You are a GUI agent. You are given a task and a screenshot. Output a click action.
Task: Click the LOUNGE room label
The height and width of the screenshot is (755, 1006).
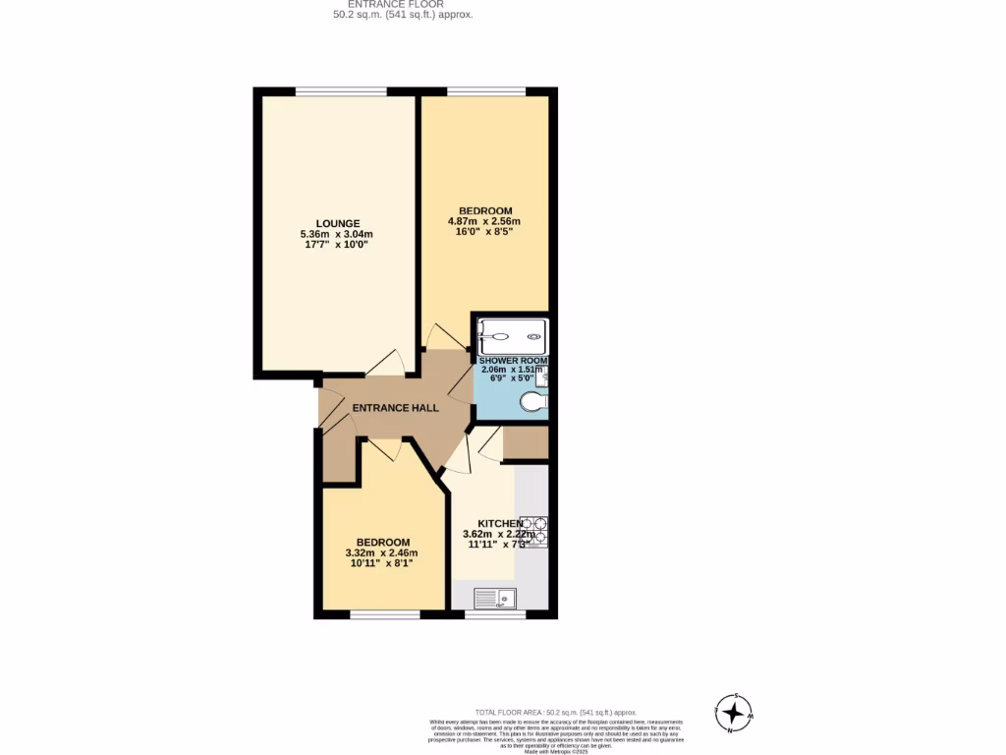click(x=337, y=223)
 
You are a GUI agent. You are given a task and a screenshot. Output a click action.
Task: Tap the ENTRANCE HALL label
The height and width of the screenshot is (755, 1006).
click(x=396, y=408)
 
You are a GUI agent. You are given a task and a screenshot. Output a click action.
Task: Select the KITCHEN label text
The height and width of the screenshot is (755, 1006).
click(x=500, y=523)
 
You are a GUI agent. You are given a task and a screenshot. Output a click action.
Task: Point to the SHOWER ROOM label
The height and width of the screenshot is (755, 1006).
click(x=512, y=361)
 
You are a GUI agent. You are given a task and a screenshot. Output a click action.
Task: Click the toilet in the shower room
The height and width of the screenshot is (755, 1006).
click(x=534, y=401)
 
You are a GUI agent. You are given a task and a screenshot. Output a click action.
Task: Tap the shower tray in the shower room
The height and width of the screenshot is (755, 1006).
click(x=512, y=336)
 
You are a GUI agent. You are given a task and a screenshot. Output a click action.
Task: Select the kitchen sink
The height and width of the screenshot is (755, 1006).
click(x=494, y=598)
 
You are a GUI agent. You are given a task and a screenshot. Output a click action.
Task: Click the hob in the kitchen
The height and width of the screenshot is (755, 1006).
click(x=533, y=531)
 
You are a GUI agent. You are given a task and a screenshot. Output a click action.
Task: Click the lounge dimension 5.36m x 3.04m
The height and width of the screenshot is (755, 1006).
click(x=337, y=234)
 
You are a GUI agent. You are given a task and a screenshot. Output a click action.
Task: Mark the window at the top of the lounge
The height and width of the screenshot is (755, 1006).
click(x=341, y=92)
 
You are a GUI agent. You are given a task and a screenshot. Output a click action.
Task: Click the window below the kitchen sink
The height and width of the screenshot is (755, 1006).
click(x=494, y=615)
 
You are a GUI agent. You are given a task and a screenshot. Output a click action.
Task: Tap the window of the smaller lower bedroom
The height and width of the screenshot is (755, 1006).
click(x=384, y=615)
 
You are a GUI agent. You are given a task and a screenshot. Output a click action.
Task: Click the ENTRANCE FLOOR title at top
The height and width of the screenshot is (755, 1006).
click(x=396, y=5)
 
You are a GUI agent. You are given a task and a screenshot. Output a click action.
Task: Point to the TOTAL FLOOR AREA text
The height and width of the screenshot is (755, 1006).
click(x=556, y=712)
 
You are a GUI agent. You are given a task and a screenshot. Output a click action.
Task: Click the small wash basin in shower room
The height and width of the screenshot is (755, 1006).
click(x=543, y=377)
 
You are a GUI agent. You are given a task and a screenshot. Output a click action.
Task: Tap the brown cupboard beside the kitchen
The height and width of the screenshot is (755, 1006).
click(x=526, y=442)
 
